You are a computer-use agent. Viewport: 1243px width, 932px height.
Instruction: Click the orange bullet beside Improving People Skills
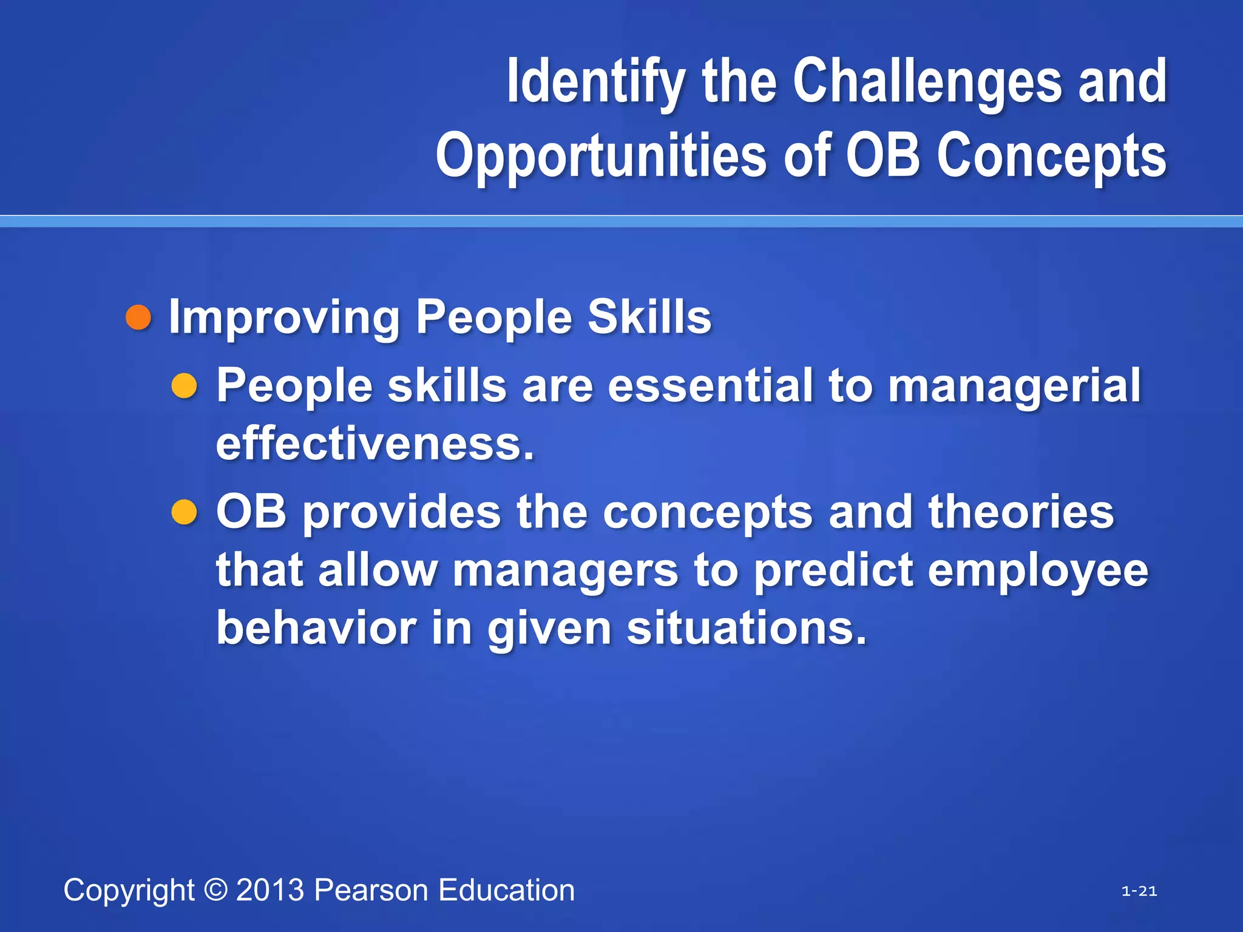coord(138,318)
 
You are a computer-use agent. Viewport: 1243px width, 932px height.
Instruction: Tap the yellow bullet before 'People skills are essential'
coord(184,386)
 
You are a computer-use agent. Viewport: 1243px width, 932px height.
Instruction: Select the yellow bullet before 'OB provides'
coord(184,512)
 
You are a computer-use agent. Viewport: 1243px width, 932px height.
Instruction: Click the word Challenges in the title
coord(927,82)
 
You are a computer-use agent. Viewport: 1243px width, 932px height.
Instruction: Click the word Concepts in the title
coord(1051,156)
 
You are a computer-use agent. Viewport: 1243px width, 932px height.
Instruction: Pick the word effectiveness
coord(374,444)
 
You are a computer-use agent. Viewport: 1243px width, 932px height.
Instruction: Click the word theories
coord(1021,512)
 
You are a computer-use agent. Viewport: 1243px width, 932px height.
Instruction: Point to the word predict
coord(833,570)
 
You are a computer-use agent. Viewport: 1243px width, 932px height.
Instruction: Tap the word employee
coord(1038,572)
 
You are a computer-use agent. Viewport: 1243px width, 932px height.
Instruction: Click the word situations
coord(747,628)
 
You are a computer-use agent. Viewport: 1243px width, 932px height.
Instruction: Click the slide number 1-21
coord(1139,891)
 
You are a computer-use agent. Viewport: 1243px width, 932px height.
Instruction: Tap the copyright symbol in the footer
coord(215,890)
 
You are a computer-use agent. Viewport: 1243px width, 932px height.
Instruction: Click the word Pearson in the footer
coord(371,890)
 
